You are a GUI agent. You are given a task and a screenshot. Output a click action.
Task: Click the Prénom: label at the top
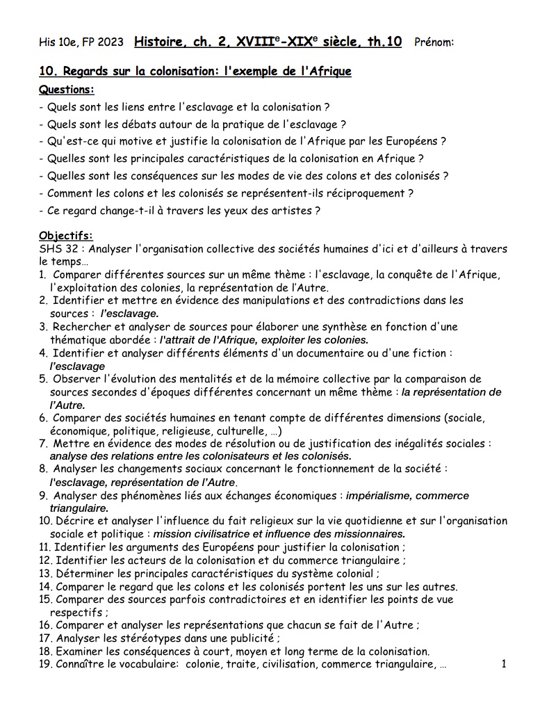[434, 42]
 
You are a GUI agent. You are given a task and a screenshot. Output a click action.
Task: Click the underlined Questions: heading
[67, 90]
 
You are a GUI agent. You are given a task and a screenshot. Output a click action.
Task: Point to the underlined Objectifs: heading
[66, 236]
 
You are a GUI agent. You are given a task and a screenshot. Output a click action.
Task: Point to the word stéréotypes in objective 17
[138, 638]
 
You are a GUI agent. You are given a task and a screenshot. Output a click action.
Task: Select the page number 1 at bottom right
[503, 664]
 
